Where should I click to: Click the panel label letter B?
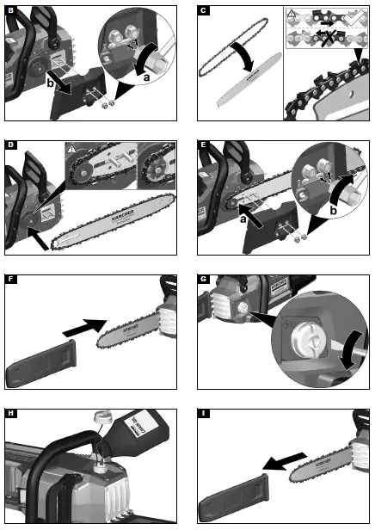point(10,10)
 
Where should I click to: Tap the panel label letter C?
point(204,10)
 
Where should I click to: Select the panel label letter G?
point(204,280)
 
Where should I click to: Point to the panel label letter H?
point(10,414)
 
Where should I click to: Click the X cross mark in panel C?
point(329,37)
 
